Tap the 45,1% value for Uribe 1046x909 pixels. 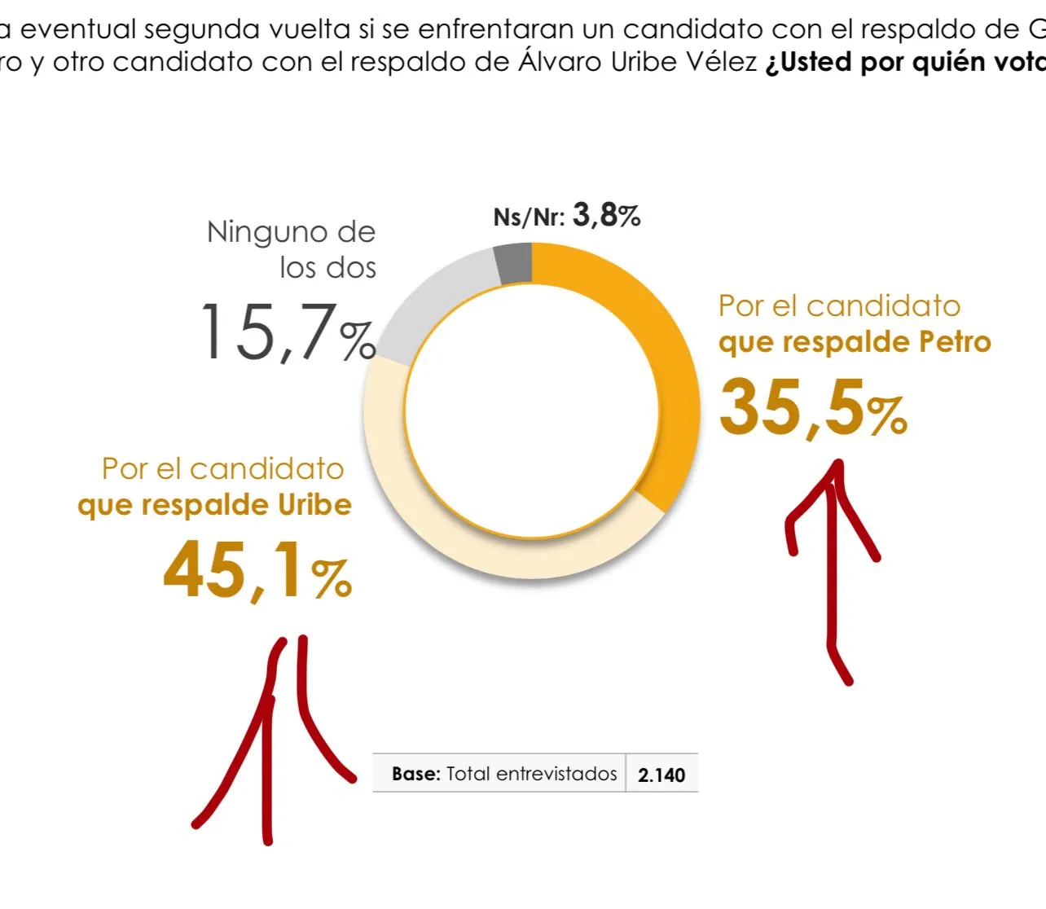257,570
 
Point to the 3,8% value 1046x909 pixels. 606,216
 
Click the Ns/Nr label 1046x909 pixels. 529,217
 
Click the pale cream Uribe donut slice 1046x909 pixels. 456,529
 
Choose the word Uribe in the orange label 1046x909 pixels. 314,505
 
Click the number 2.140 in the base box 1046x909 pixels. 661,775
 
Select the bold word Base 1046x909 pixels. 415,774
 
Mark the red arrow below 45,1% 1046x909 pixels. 266,733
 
